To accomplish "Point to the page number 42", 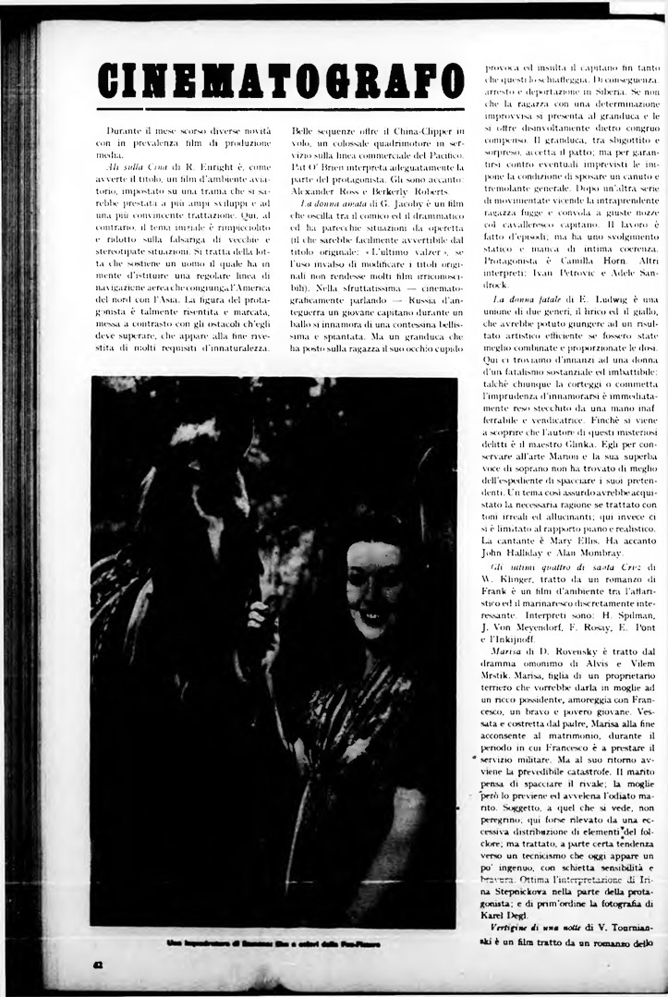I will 97,967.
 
